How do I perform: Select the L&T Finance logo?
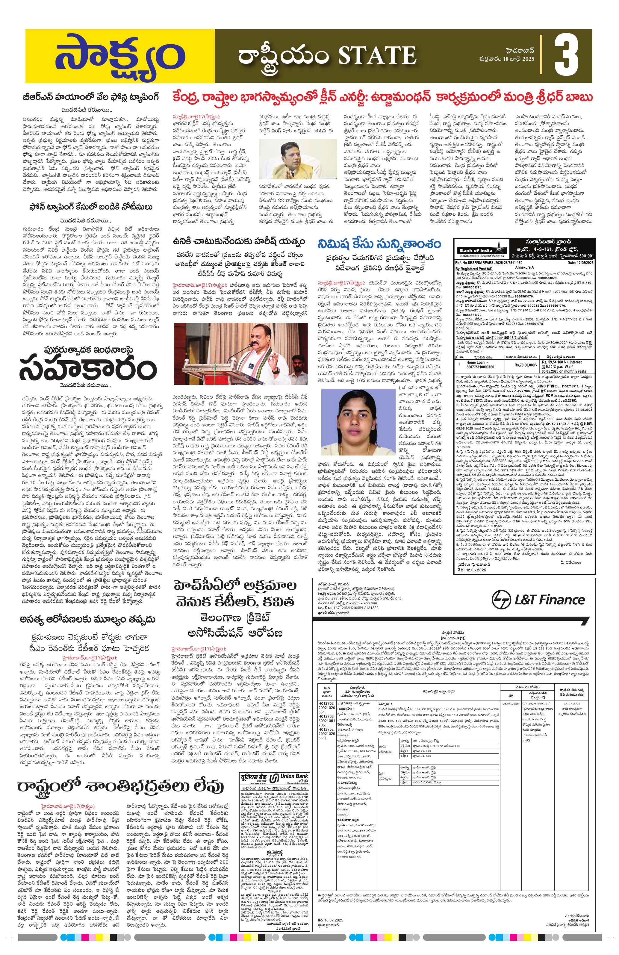click(x=538, y=600)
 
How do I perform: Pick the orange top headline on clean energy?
click(x=382, y=98)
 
